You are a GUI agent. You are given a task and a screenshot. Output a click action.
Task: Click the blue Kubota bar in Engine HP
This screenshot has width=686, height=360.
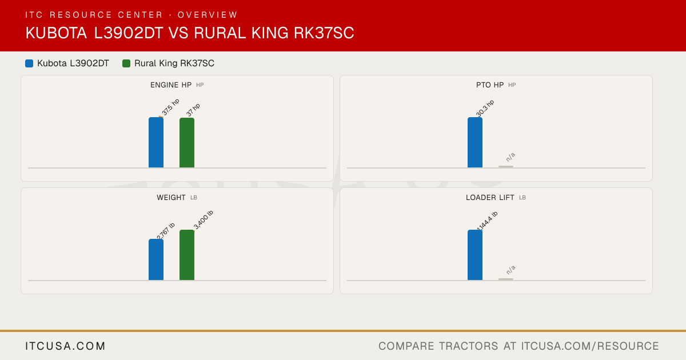click(x=156, y=142)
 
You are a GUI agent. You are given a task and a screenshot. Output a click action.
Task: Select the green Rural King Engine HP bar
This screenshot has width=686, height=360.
click(x=187, y=143)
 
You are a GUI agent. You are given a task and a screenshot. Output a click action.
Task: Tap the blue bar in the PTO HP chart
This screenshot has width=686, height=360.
click(x=475, y=142)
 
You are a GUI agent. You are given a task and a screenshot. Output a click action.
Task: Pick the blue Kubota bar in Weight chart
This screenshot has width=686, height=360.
click(x=156, y=259)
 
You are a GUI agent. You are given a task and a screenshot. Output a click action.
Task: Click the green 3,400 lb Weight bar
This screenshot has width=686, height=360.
click(x=187, y=255)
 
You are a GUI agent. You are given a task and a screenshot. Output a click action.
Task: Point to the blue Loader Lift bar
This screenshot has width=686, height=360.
click(x=475, y=255)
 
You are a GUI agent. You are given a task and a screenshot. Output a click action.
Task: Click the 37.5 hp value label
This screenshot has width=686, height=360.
click(x=170, y=107)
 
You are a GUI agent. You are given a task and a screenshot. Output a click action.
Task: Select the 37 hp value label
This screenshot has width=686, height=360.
click(x=193, y=110)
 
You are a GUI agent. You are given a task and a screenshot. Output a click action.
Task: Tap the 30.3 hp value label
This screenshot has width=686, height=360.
click(x=485, y=109)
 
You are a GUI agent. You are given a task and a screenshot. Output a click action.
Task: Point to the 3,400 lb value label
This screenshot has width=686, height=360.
click(x=204, y=220)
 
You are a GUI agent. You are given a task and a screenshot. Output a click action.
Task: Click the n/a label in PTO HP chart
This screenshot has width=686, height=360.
click(x=510, y=157)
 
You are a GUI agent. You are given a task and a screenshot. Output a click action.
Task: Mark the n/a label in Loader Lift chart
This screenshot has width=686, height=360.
click(x=510, y=270)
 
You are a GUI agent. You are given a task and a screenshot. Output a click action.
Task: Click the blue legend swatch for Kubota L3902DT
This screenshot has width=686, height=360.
click(x=29, y=63)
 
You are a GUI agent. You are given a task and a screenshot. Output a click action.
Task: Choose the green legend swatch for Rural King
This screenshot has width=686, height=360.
click(x=126, y=63)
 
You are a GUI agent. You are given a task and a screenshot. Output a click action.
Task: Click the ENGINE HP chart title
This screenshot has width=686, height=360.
click(x=171, y=85)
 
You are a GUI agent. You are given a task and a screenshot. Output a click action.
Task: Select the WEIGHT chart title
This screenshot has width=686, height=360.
click(x=171, y=198)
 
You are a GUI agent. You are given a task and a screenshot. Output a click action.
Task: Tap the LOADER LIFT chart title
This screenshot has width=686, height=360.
click(x=490, y=198)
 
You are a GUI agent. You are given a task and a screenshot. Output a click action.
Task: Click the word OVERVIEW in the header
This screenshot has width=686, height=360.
click(x=208, y=15)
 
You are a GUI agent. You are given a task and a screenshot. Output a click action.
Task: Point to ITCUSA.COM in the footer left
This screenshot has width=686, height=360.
click(x=65, y=346)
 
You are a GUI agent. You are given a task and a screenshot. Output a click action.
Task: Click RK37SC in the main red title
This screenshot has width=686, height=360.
click(x=324, y=33)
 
